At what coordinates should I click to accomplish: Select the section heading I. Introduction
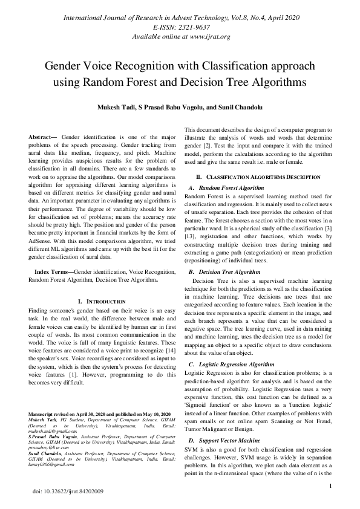[102, 301]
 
